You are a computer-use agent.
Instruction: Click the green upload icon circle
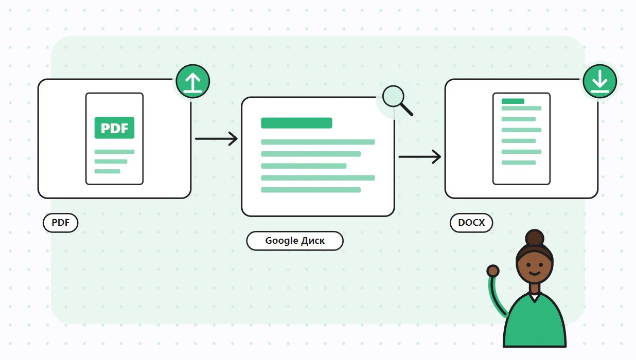(x=193, y=81)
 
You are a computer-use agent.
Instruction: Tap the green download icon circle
(x=599, y=81)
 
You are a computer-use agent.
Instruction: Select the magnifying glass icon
(x=397, y=100)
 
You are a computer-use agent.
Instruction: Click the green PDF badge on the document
(x=114, y=128)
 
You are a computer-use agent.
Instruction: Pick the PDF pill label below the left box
(x=61, y=223)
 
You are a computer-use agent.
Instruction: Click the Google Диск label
(x=295, y=241)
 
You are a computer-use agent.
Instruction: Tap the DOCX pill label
(x=471, y=223)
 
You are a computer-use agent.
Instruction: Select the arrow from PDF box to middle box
(x=216, y=139)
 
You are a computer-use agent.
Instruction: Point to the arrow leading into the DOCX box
(x=420, y=156)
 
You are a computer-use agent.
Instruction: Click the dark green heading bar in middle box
(x=296, y=123)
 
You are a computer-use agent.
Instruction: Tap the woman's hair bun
(x=535, y=238)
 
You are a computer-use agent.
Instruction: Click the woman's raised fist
(x=493, y=271)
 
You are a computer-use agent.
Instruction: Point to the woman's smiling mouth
(x=535, y=274)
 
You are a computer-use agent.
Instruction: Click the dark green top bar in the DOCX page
(x=513, y=101)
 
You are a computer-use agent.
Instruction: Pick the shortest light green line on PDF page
(x=108, y=171)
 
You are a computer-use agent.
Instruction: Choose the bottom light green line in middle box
(x=311, y=190)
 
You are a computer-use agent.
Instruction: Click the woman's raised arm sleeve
(x=497, y=296)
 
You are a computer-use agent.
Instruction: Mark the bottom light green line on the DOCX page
(x=519, y=163)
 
